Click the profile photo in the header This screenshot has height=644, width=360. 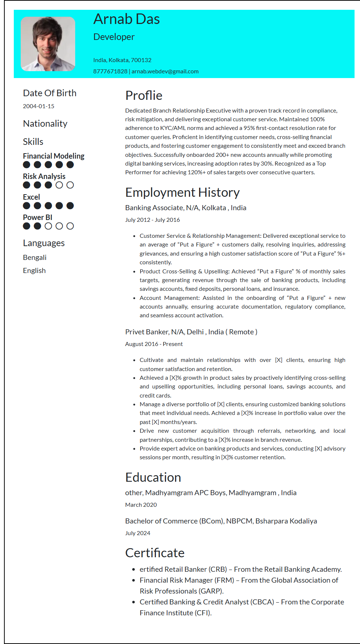48,44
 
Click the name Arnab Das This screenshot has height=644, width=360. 126,19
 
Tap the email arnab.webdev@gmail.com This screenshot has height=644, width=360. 165,72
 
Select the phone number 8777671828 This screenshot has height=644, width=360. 110,72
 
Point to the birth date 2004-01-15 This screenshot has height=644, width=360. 39,106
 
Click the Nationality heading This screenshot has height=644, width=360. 45,124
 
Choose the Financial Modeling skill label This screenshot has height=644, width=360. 53,156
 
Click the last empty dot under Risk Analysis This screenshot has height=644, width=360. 70,185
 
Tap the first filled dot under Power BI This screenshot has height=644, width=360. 27,226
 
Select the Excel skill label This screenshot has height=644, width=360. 31,197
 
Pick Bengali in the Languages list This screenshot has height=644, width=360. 35,258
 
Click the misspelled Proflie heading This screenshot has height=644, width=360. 143,95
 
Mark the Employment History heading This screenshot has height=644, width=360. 182,192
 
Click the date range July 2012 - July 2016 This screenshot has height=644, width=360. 152,220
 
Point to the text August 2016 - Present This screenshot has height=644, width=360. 154,344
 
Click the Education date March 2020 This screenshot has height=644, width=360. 141,505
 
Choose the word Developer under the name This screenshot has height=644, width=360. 114,37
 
